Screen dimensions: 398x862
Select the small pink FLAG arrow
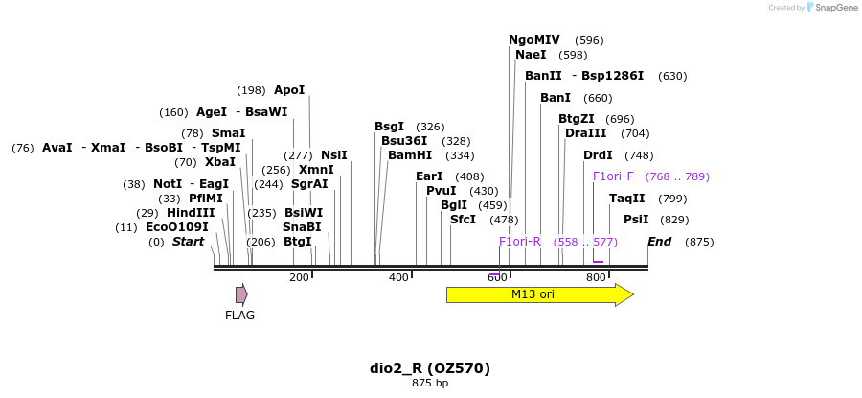[241, 294]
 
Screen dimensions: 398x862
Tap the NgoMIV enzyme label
[533, 40]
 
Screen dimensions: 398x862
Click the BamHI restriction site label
[410, 155]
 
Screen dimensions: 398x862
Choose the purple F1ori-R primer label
[520, 242]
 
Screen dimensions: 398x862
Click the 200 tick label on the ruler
[299, 277]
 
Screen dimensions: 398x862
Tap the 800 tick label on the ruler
[596, 277]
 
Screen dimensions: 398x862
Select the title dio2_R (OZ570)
[430, 368]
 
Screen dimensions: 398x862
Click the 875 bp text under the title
[430, 384]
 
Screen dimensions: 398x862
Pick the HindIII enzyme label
[191, 213]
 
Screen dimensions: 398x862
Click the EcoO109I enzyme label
[176, 227]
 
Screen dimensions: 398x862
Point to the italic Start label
[188, 242]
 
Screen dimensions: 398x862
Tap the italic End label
[660, 242]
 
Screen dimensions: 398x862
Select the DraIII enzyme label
[585, 133]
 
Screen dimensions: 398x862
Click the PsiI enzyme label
[636, 220]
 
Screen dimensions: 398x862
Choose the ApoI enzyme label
[289, 90]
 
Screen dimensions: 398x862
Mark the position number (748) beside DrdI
[638, 155]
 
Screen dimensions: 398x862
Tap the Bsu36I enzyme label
[404, 141]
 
